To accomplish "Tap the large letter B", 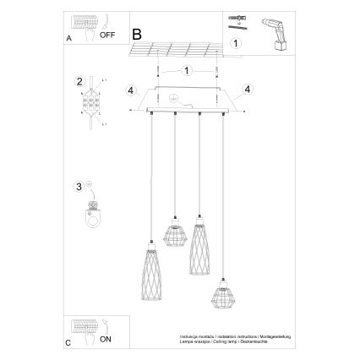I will coord(136,35).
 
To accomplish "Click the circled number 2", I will coord(79,81).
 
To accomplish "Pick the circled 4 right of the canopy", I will coord(248,89).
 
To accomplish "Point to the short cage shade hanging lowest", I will coord(224,296).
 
